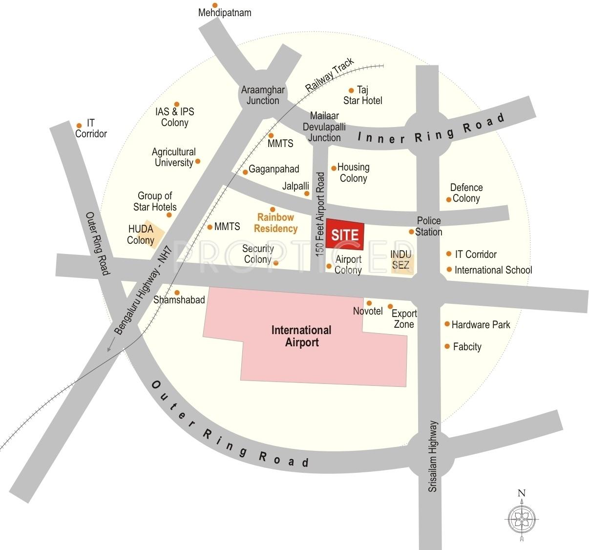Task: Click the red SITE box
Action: coord(345,234)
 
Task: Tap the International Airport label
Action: coord(301,337)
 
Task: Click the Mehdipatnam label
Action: coord(225,13)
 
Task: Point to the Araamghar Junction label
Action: coord(263,95)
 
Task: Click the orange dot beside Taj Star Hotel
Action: coord(351,90)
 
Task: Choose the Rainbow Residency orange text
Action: coord(276,223)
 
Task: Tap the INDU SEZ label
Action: coord(401,260)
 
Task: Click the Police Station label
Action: coord(428,226)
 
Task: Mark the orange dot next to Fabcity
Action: coord(447,346)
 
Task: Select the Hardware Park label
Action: coord(481,324)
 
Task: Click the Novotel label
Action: coord(368,311)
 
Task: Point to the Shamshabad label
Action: coord(179,299)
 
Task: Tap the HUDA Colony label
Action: coord(141,234)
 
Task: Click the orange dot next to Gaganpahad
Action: coord(245,172)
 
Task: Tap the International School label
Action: coord(493,270)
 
